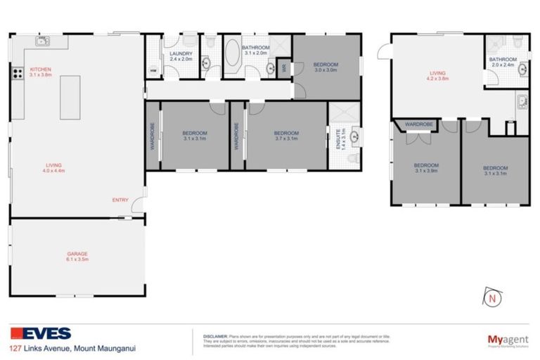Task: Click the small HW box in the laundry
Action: [x=153, y=70]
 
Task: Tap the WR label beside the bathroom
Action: [x=284, y=68]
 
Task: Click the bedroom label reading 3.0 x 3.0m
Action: [x=325, y=67]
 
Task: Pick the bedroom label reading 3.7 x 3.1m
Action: [x=286, y=135]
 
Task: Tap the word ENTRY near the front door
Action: [x=120, y=200]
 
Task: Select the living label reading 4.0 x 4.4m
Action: [x=53, y=167]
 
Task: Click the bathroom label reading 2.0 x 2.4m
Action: [x=503, y=62]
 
